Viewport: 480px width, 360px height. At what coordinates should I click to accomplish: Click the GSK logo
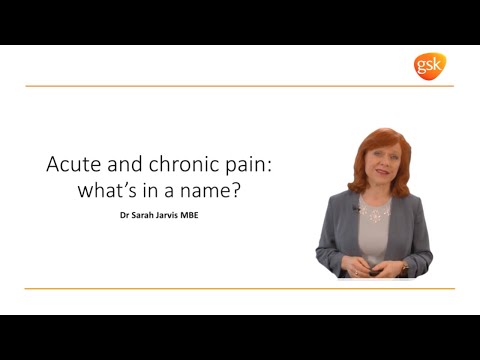tap(430, 66)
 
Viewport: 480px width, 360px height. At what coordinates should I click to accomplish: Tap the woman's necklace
tap(375, 213)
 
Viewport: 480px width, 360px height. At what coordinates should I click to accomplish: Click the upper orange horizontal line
tap(240, 86)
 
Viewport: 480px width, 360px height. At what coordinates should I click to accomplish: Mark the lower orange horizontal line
tap(240, 289)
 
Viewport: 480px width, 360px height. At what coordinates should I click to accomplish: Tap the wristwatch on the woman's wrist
tap(402, 268)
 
